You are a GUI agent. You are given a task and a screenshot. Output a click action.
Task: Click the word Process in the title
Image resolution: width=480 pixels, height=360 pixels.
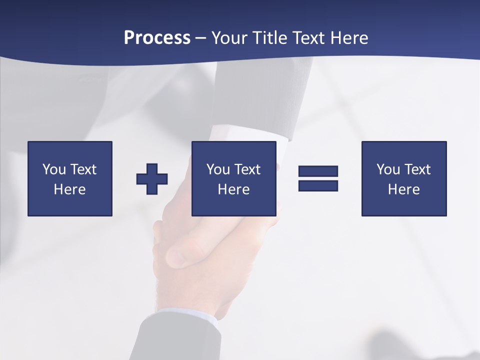pos(157,38)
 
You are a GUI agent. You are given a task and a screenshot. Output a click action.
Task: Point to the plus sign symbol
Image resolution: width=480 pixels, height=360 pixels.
pos(152,179)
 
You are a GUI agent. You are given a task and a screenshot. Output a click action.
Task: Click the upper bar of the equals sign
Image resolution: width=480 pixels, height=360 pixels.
pos(318,171)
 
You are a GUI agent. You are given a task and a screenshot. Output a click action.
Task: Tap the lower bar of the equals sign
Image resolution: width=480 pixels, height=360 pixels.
pos(318,185)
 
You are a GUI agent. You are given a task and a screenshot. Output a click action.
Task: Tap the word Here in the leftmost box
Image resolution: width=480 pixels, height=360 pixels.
pos(70,189)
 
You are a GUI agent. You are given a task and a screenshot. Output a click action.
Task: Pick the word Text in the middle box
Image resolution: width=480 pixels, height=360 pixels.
pos(248,169)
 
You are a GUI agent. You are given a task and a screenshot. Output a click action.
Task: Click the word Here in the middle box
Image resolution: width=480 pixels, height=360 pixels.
pos(234,189)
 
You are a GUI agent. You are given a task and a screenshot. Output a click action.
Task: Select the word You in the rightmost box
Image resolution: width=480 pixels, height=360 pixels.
pos(388,169)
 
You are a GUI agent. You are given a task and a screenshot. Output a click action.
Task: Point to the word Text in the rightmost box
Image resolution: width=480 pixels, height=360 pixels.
pos(418,169)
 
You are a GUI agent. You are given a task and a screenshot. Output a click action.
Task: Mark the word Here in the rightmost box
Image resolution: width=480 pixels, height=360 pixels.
pos(404,189)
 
